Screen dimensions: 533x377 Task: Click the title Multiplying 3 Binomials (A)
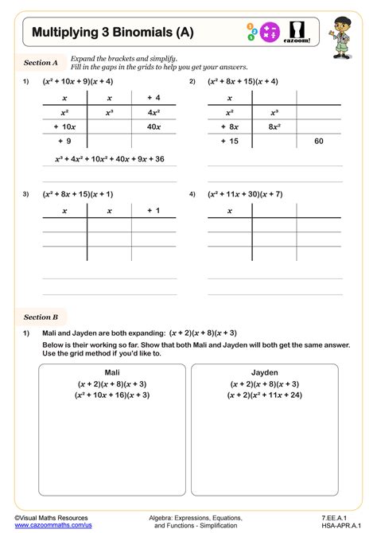tap(112, 33)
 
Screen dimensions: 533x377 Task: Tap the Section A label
tap(41, 62)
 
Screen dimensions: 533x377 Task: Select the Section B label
tap(41, 317)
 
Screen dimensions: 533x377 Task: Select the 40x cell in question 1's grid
tap(154, 126)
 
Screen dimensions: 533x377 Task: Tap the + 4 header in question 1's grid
tap(154, 97)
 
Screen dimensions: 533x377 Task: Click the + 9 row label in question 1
tap(64, 141)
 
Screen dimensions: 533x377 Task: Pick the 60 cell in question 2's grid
tap(319, 141)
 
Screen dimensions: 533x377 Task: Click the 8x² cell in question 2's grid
tap(274, 126)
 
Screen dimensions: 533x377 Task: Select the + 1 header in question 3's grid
tap(154, 211)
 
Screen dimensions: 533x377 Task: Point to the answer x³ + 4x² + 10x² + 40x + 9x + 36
tap(110, 159)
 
